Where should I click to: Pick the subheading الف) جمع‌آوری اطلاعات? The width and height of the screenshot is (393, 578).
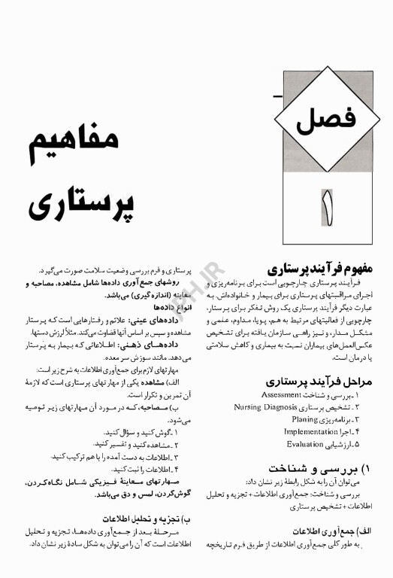343,530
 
